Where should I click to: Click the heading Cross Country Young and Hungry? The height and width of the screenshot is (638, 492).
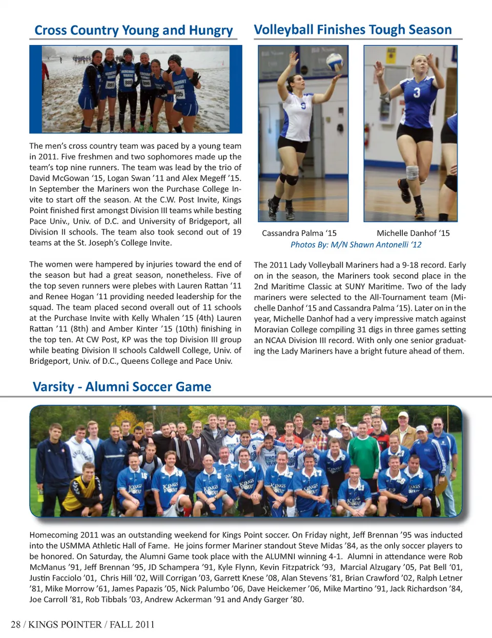click(133, 30)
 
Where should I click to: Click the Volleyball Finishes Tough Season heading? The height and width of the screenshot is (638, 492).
click(353, 30)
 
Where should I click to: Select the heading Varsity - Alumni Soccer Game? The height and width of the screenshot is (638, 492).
click(122, 386)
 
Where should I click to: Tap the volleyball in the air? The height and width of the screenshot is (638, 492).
click(334, 63)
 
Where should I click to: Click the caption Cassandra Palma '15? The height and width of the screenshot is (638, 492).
click(299, 233)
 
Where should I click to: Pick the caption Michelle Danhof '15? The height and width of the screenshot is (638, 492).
click(413, 233)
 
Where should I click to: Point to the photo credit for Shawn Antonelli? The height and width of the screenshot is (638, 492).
click(356, 244)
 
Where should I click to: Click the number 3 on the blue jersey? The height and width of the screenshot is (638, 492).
click(417, 92)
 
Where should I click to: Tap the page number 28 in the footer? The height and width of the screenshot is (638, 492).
click(16, 624)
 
